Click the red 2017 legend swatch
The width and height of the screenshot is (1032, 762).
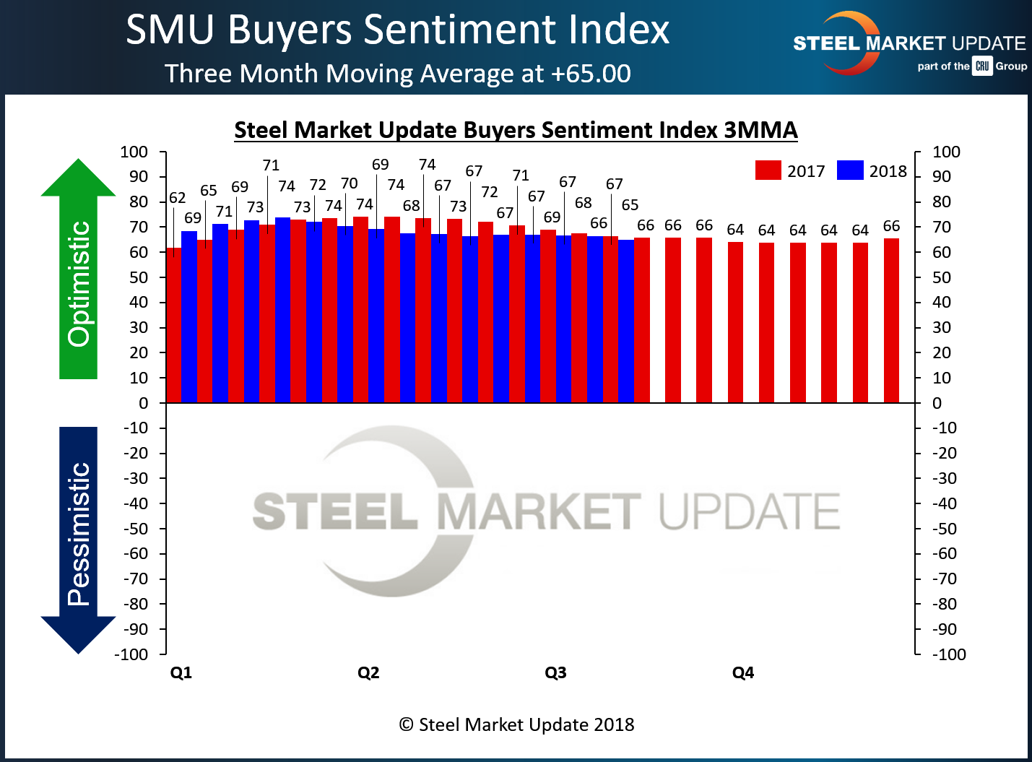click(x=768, y=170)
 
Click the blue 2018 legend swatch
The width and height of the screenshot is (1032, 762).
click(x=850, y=170)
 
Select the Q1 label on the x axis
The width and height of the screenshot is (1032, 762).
click(x=181, y=673)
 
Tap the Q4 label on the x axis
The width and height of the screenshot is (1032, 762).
click(x=742, y=673)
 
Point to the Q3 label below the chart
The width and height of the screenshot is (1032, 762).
click(x=555, y=673)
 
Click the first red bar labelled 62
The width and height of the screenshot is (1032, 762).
click(x=173, y=325)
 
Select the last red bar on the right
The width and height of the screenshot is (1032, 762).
click(x=891, y=321)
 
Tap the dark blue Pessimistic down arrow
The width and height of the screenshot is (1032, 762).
click(x=78, y=539)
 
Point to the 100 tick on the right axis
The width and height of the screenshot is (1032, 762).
click(x=946, y=152)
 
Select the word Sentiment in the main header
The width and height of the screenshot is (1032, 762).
click(x=461, y=30)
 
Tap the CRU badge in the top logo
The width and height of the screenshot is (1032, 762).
click(x=982, y=66)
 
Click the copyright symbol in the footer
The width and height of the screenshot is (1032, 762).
click(x=407, y=724)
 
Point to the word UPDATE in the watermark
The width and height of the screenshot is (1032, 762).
click(x=749, y=511)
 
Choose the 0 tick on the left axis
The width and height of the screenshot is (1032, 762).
click(x=143, y=403)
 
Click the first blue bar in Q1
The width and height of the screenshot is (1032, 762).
click(x=189, y=316)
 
